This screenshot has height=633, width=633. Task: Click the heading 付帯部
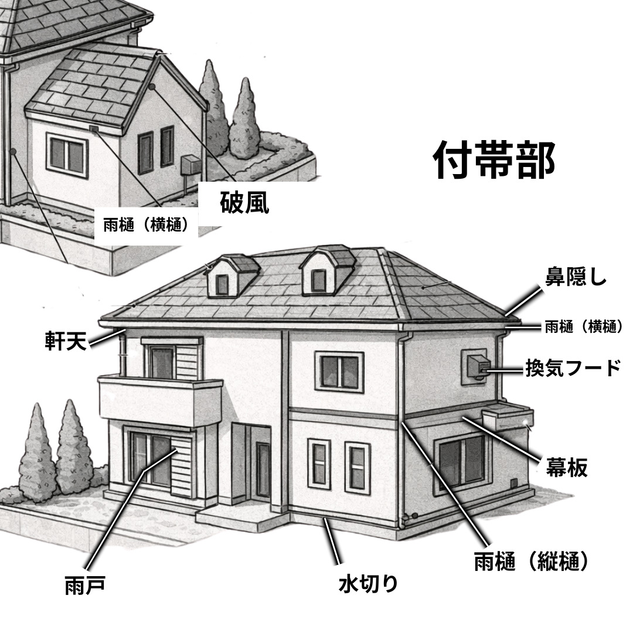tap(494, 159)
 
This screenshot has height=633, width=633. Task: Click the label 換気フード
tap(572, 369)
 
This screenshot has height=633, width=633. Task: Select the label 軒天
tap(66, 341)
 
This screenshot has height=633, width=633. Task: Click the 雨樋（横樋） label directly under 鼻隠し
tap(583, 327)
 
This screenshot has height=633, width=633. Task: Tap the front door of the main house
tap(263, 469)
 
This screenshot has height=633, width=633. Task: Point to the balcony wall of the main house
tap(159, 403)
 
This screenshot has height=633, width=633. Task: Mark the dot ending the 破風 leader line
tap(151, 87)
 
